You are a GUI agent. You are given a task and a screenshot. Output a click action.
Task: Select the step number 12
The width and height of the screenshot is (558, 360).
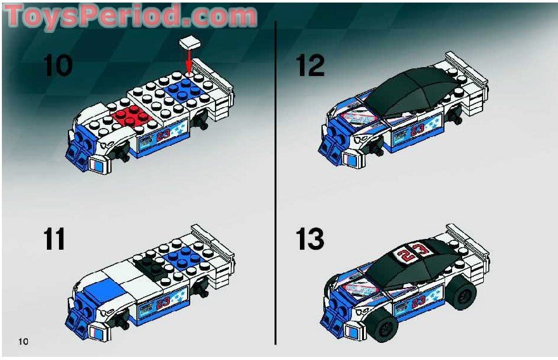tap(310, 66)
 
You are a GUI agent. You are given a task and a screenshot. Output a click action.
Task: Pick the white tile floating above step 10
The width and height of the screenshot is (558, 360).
tap(189, 42)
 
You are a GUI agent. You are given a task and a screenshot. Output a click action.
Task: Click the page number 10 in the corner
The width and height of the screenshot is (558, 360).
tap(24, 342)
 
